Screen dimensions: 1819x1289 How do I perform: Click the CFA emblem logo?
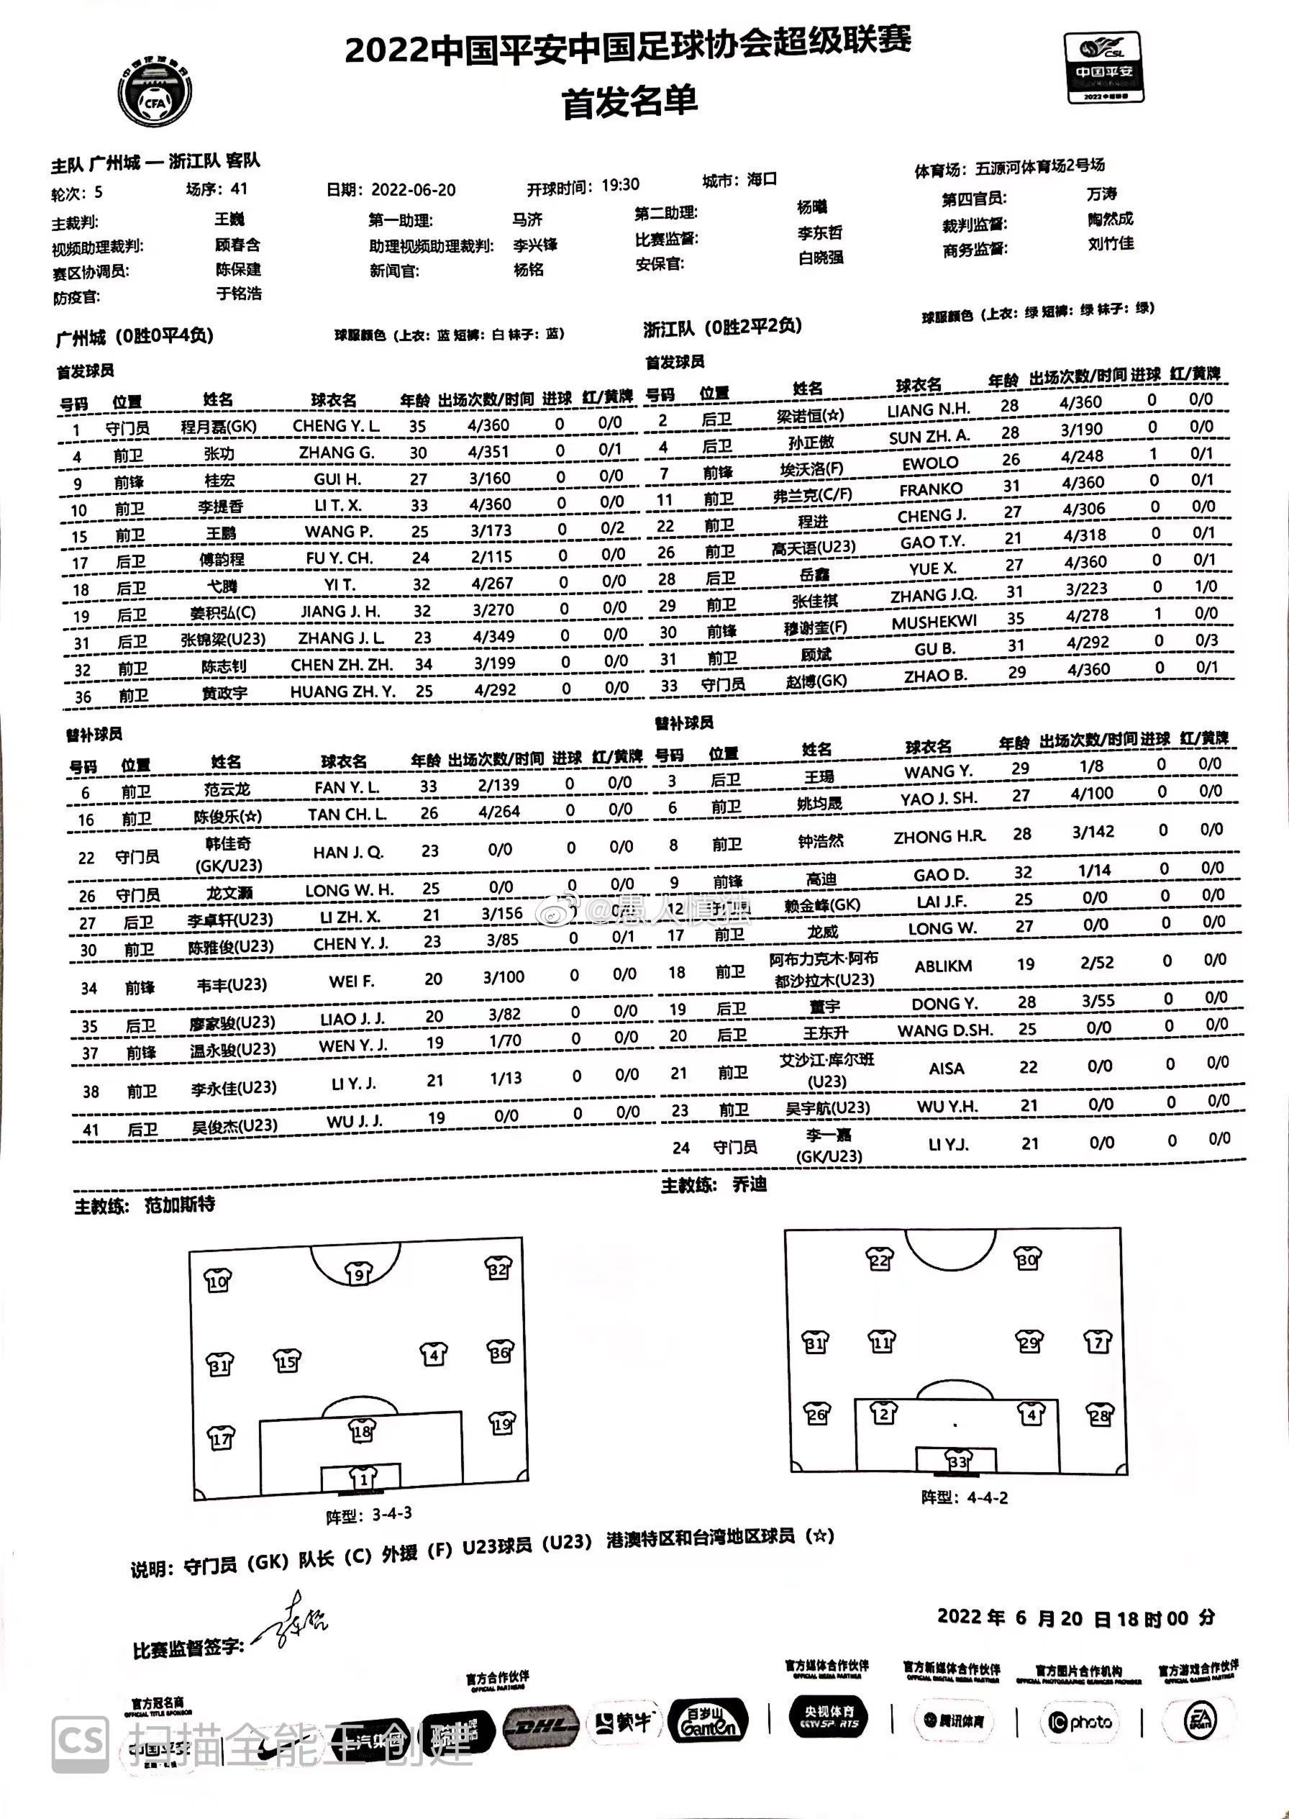156,91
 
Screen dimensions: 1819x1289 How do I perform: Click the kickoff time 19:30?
620,186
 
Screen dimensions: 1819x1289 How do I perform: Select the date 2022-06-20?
414,190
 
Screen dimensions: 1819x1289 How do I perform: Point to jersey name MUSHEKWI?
934,622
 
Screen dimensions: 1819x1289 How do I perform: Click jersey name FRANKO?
931,489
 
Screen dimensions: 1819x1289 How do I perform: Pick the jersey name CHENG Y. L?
336,425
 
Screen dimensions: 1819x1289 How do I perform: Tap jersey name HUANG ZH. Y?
342,691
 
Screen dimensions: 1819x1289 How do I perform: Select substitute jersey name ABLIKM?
943,966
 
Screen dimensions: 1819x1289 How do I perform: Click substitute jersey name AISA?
946,1069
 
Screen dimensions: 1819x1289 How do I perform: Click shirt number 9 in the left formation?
358,1274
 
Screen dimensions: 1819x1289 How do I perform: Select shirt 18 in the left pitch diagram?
362,1430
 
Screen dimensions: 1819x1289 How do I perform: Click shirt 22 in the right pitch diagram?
880,1260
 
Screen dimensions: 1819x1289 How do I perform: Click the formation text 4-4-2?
988,1497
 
